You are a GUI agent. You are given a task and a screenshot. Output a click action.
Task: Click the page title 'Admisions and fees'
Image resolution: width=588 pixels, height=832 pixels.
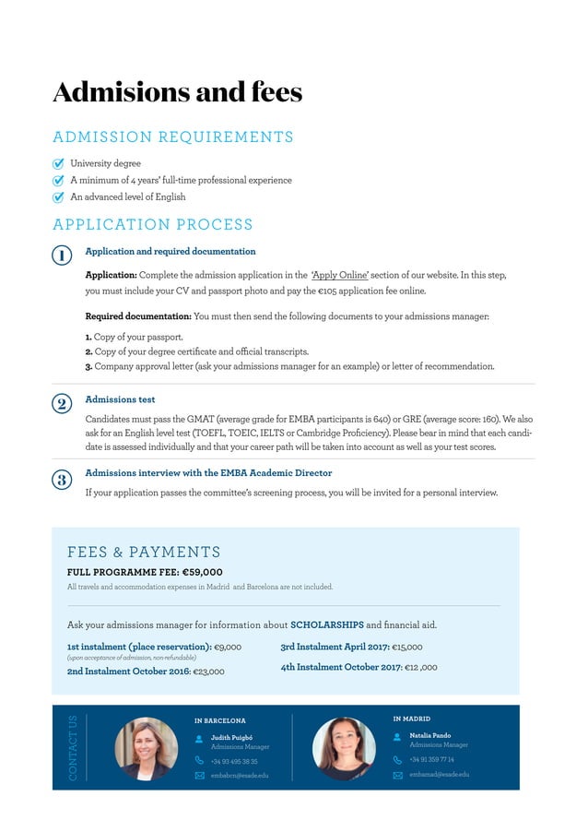point(177,92)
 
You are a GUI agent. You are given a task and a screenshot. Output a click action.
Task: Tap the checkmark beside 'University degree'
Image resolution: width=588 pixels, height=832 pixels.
point(59,164)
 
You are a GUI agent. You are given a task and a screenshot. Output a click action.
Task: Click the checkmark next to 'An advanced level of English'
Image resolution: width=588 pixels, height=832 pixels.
point(59,197)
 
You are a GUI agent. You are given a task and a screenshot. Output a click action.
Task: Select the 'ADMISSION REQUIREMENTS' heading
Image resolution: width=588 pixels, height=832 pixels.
point(173,137)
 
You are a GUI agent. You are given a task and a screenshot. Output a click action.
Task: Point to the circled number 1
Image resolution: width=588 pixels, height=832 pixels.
point(61,256)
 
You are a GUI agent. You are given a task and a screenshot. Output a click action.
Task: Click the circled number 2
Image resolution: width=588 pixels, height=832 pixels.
point(61,404)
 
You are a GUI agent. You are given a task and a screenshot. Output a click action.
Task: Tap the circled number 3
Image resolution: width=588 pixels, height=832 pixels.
point(61,479)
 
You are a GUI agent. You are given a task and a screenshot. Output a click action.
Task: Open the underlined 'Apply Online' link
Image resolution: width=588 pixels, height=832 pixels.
point(340,275)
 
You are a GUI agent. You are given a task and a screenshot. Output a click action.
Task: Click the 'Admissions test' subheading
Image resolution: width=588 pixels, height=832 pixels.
point(120,399)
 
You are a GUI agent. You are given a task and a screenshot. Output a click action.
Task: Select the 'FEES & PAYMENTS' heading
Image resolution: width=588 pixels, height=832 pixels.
point(144,553)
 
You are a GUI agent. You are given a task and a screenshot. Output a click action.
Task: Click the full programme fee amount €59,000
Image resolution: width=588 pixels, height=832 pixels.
point(202,572)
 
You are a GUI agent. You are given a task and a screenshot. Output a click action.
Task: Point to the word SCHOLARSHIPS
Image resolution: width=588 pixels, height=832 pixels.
point(327,624)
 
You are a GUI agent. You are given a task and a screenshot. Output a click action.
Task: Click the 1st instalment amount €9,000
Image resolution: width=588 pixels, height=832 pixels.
point(228,648)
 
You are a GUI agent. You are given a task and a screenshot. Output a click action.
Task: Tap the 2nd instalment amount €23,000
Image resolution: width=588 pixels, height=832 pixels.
point(208,672)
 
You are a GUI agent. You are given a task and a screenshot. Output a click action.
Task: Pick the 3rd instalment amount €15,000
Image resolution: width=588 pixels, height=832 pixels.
point(407,648)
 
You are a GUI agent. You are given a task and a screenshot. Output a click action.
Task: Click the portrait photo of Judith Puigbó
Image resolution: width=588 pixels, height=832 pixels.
point(146,748)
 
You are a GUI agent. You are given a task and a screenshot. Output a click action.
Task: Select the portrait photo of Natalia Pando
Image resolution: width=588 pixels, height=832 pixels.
point(344,748)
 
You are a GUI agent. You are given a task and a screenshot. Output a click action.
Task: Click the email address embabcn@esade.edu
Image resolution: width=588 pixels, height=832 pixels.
point(240,776)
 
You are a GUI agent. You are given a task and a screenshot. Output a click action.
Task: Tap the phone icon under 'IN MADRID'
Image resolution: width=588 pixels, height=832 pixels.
point(398,760)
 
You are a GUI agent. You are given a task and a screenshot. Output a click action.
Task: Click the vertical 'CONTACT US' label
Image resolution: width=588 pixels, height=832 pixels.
point(74,747)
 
